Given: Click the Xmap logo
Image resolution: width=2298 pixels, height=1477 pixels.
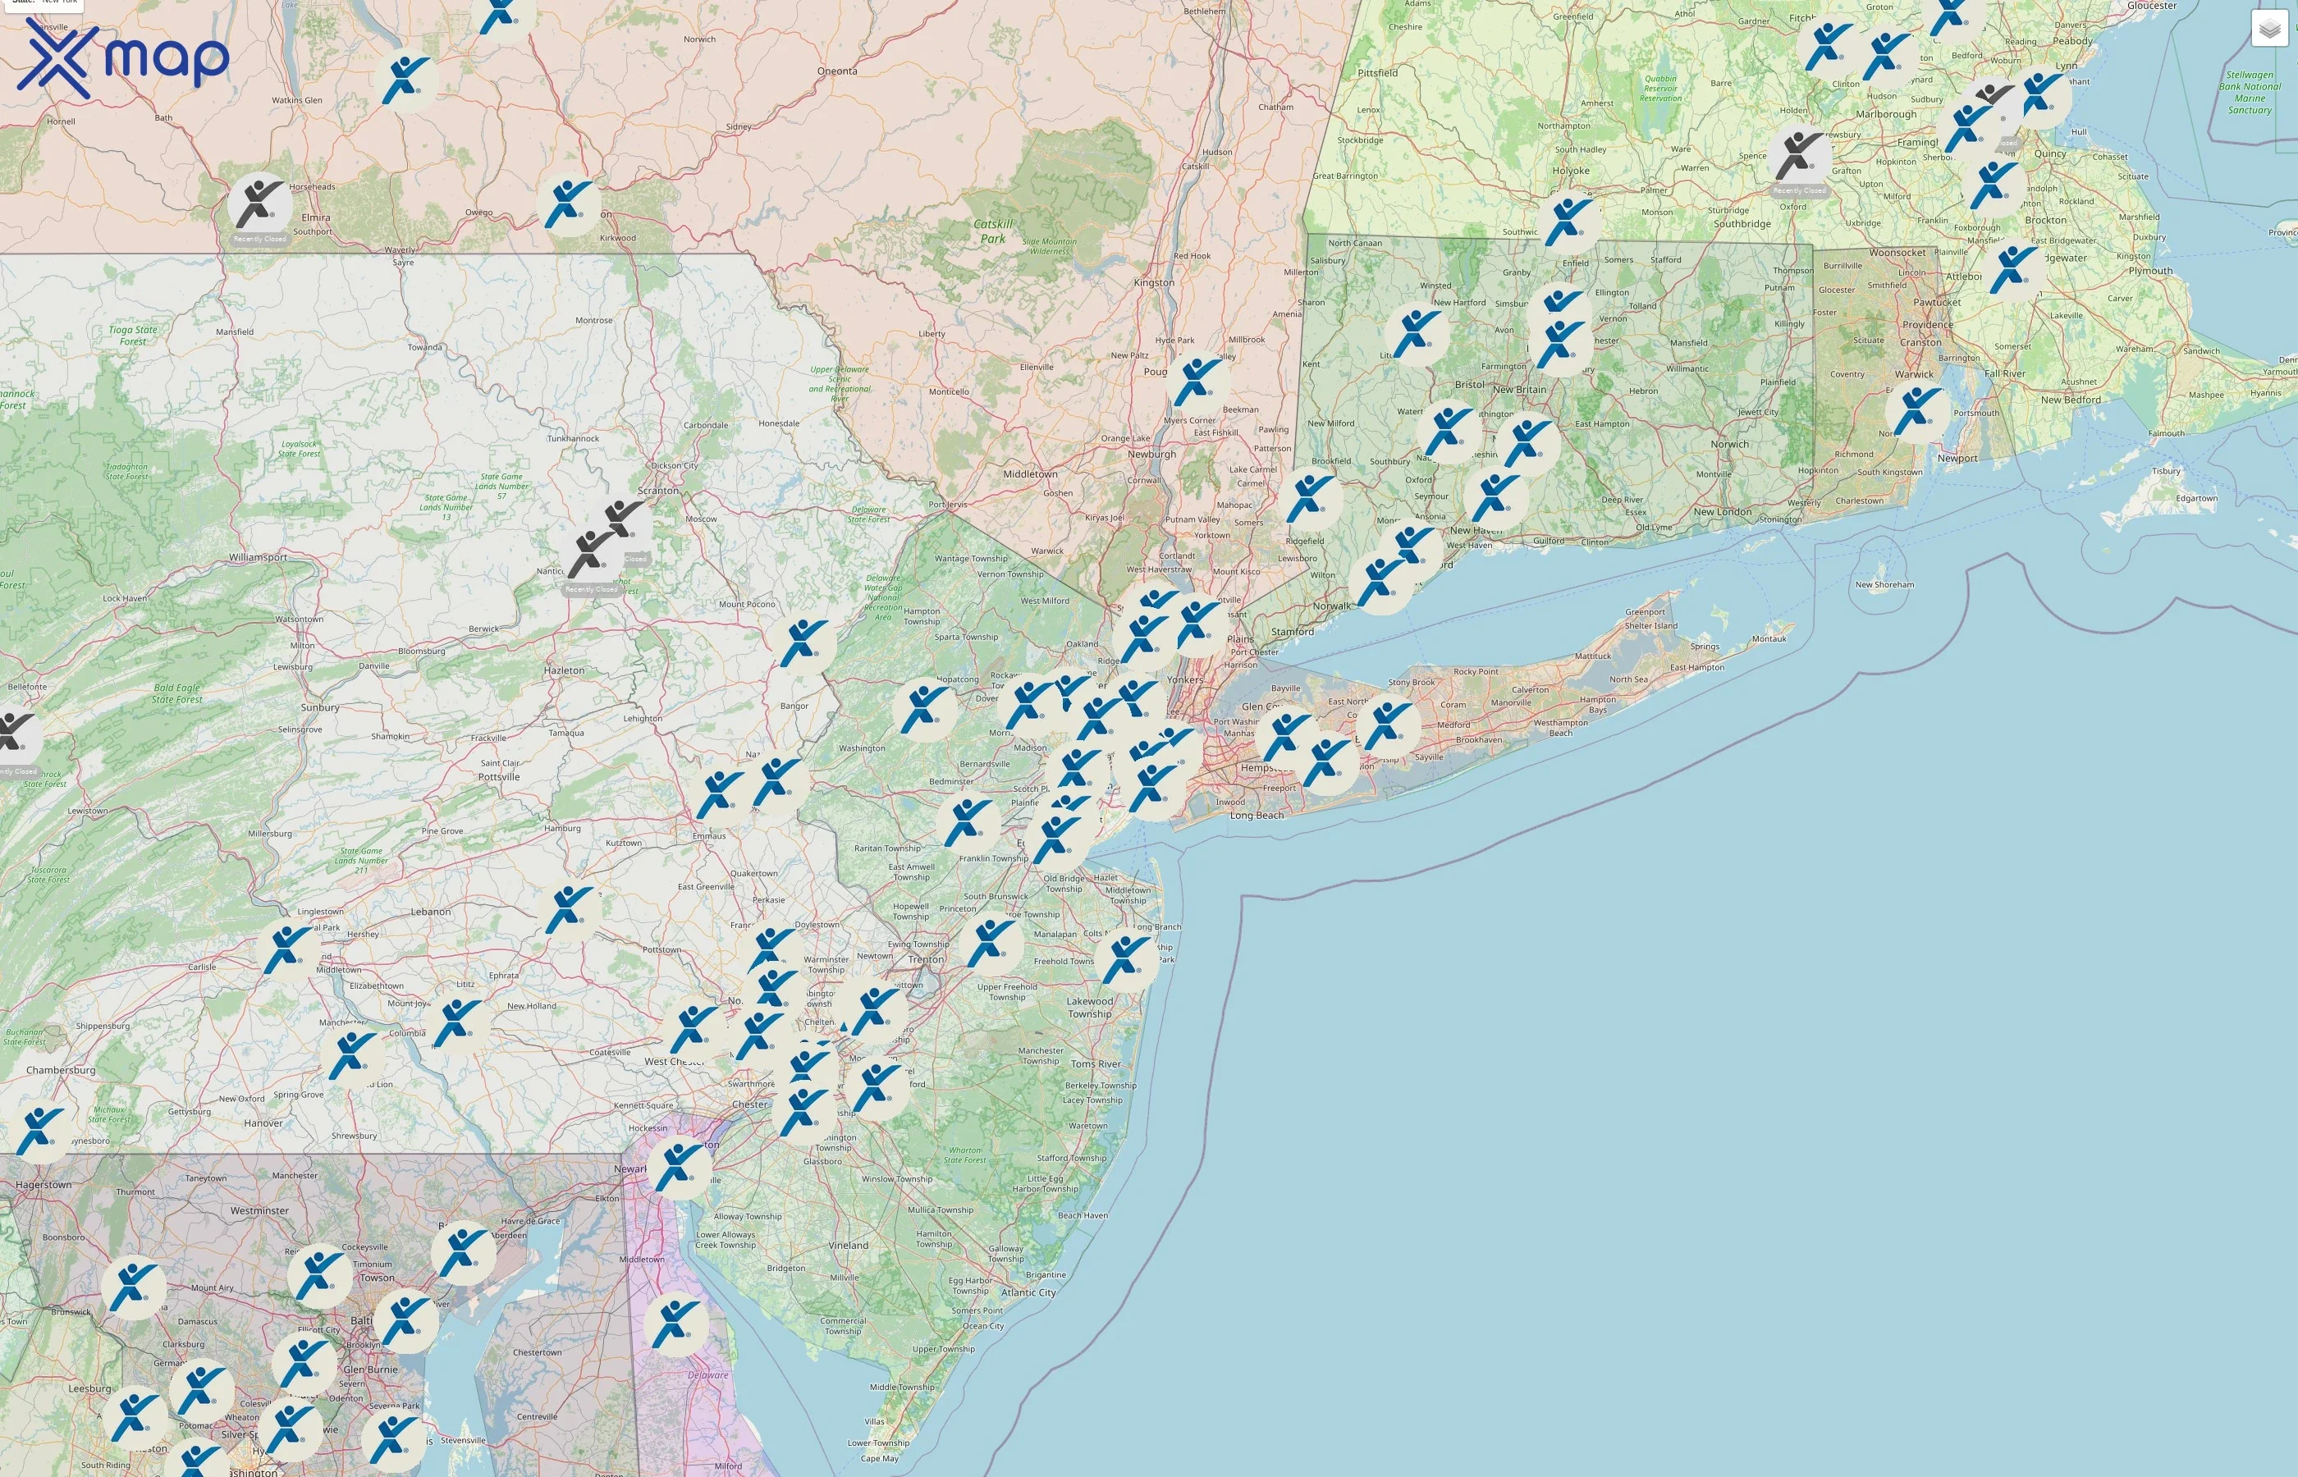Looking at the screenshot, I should [123, 57].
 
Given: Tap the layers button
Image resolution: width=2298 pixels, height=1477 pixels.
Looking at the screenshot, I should [2268, 29].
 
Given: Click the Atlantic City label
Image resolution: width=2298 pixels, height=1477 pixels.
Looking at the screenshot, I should [1030, 1292].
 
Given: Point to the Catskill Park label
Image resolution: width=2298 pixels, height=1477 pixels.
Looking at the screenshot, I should [993, 231].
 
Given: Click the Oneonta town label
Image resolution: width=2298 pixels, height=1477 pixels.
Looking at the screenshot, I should [836, 71].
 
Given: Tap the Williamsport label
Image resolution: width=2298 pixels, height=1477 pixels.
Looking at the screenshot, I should [258, 557].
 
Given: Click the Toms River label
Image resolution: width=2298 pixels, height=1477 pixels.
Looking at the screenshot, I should [1096, 1063].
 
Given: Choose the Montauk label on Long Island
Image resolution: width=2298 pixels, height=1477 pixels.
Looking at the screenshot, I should [1769, 638].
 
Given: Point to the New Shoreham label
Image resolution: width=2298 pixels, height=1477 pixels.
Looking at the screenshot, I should [1884, 584].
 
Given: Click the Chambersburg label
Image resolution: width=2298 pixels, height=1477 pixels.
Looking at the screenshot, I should [61, 1070].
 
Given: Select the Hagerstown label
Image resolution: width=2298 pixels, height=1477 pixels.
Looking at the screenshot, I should [43, 1185].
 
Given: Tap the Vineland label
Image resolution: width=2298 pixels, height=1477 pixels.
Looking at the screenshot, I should [848, 1246].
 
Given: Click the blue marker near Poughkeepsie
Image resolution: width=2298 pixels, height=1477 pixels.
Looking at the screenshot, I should [1196, 381].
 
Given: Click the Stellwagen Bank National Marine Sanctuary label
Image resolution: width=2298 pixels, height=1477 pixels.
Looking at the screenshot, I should [2249, 92].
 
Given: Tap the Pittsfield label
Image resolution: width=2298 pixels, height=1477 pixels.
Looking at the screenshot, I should [1377, 73].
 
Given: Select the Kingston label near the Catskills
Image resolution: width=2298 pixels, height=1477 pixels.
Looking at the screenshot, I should [1153, 283].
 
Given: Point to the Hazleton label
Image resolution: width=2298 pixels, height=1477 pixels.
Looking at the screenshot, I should [563, 670].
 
